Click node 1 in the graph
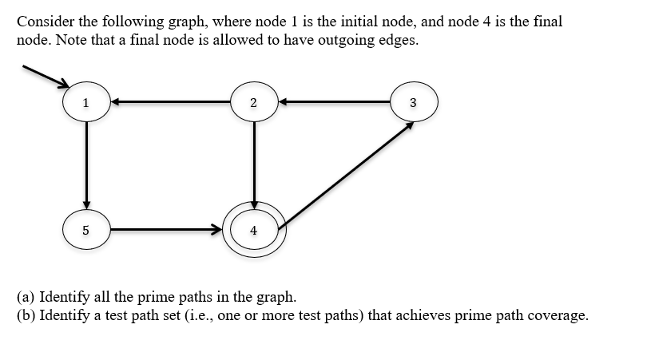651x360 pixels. click(85, 102)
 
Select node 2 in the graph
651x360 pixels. click(253, 102)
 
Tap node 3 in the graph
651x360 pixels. click(413, 102)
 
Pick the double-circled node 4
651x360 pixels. click(253, 230)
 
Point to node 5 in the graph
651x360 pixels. click(85, 230)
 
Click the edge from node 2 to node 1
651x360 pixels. click(169, 102)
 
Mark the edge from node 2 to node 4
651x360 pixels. click(253, 163)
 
